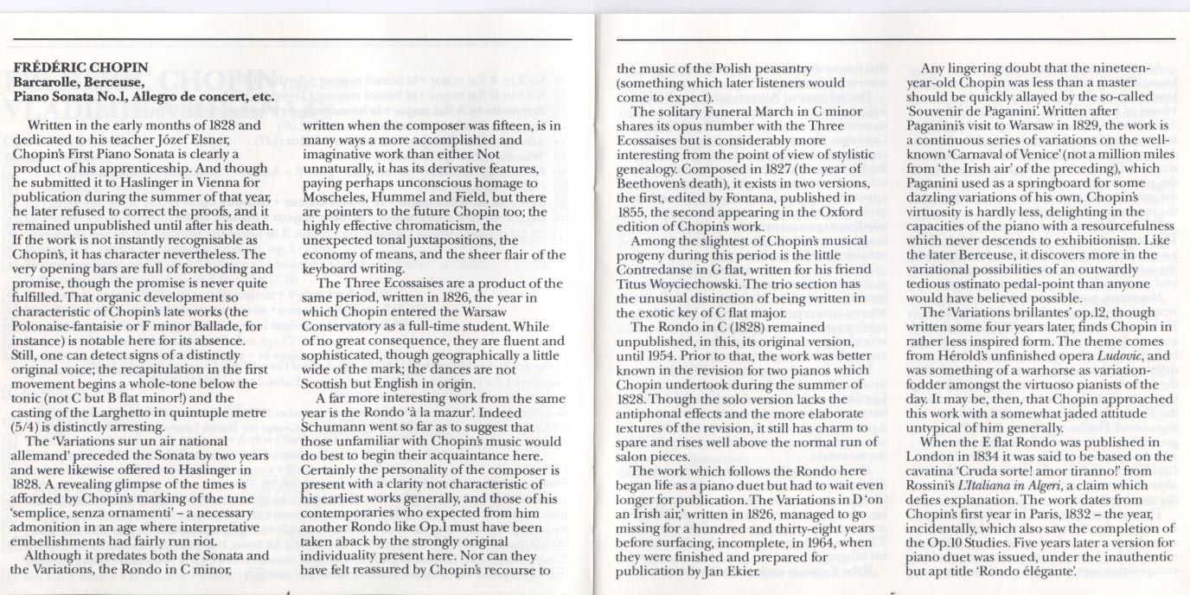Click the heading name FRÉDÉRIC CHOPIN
[81, 67]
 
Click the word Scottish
[327, 383]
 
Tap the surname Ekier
[741, 572]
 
